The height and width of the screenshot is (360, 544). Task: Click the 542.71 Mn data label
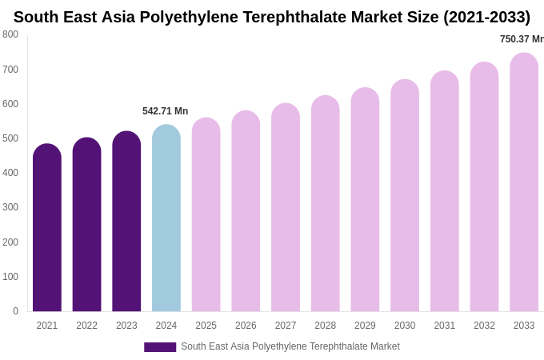(x=166, y=111)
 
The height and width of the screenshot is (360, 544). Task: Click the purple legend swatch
(x=160, y=347)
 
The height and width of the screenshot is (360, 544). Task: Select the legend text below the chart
(x=290, y=346)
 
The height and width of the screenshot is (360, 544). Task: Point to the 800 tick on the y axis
(x=10, y=34)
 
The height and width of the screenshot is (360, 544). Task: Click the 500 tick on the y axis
(x=10, y=138)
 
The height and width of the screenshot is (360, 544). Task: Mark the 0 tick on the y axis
(x=15, y=311)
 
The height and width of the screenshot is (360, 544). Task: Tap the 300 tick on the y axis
(x=10, y=207)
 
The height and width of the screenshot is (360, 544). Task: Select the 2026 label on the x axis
(x=246, y=326)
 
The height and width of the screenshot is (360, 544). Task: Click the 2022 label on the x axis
(x=86, y=326)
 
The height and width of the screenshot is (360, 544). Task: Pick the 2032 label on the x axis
(x=484, y=326)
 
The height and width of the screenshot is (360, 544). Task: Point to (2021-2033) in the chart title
(x=486, y=17)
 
